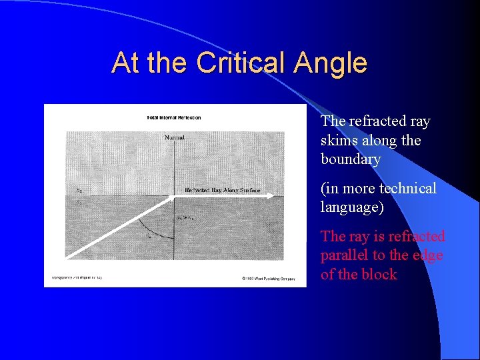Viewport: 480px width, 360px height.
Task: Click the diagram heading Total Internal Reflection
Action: pyautogui.click(x=173, y=118)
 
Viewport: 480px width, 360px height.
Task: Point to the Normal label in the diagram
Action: pyautogui.click(x=175, y=137)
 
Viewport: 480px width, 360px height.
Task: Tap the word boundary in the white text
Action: pyautogui.click(x=350, y=159)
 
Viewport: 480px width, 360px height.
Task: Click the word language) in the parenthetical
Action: pyautogui.click(x=352, y=207)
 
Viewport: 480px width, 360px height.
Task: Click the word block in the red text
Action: pyautogui.click(x=379, y=274)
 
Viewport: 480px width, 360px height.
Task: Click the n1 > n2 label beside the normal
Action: pyautogui.click(x=185, y=217)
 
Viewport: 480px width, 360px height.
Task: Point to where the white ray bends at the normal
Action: pyautogui.click(x=173, y=196)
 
